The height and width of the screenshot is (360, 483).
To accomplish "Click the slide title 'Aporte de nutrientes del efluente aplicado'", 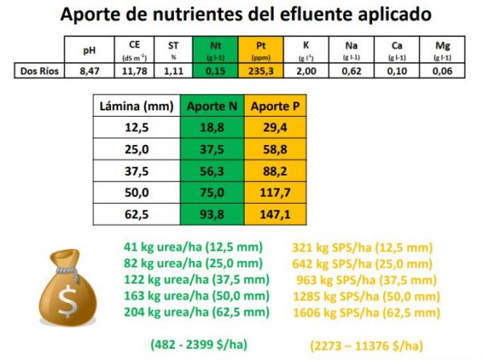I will point(241,15).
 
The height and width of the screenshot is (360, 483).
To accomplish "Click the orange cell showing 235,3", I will point(262,71).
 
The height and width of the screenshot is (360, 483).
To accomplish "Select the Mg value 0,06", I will point(443,71).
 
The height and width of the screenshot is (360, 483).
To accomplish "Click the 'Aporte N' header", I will point(212,106).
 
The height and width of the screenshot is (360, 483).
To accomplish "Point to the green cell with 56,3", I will point(212,172).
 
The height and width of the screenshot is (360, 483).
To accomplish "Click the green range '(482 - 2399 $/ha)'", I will point(199,344).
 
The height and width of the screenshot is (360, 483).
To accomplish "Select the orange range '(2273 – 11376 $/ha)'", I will point(366,345).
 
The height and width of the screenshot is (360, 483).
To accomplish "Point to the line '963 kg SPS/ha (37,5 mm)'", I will point(370,280).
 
